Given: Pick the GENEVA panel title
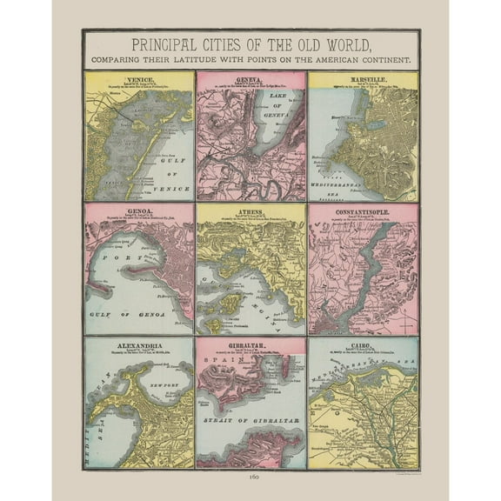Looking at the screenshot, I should [x=250, y=77].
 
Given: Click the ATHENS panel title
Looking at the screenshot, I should [x=250, y=210].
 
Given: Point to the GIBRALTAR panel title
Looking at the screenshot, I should [x=250, y=343].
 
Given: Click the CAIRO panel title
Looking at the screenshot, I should [x=362, y=343].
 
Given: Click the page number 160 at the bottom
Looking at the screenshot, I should [x=250, y=478].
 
